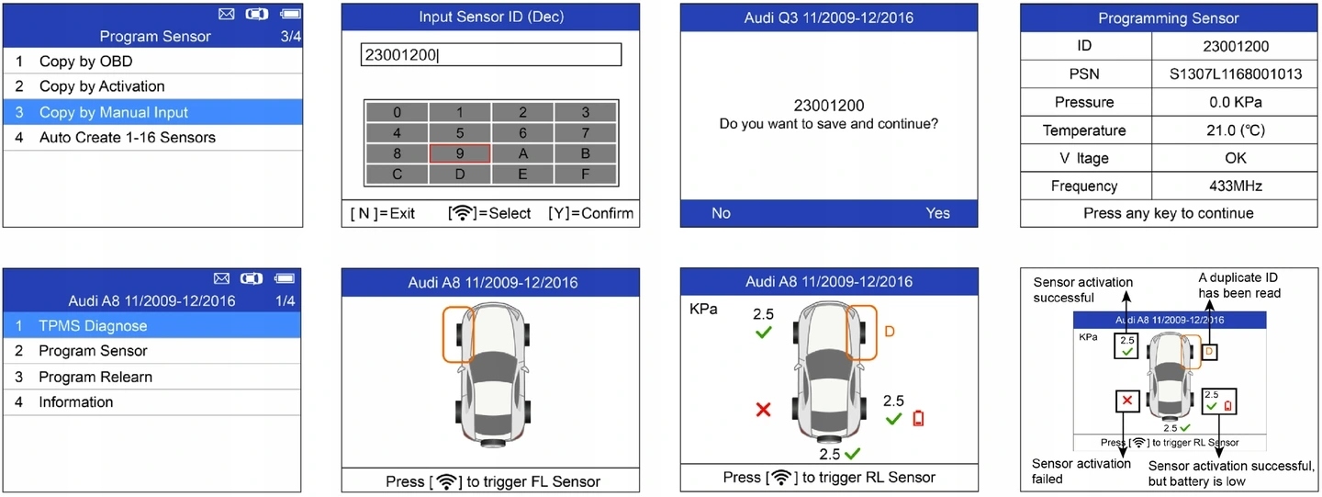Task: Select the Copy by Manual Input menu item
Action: (114, 112)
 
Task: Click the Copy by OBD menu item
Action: (85, 62)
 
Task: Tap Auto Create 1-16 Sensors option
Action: (127, 138)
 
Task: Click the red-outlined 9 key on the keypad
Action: (459, 153)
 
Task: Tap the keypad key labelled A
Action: (522, 153)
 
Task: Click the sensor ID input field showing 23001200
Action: (491, 54)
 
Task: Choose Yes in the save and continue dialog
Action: (937, 213)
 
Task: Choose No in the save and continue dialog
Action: (721, 213)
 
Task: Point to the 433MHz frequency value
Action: (1237, 186)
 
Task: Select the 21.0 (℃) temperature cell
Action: (1237, 130)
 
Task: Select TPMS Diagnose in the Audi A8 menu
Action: (93, 325)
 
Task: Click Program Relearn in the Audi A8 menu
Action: (95, 377)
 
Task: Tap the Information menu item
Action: (76, 402)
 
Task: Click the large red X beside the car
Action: (763, 410)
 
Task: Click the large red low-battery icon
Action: (919, 419)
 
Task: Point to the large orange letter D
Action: (889, 332)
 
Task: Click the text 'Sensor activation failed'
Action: (1081, 470)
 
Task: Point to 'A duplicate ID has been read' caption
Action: (1238, 285)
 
